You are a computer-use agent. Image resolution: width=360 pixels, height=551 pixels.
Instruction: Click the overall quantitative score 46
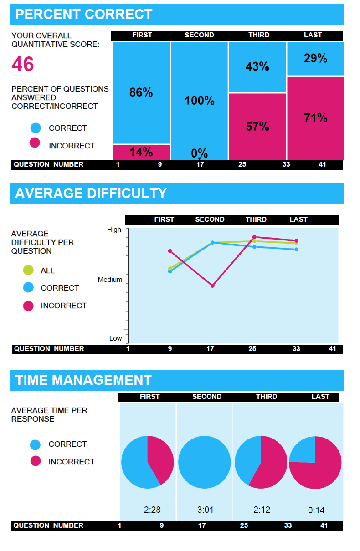[x=23, y=64]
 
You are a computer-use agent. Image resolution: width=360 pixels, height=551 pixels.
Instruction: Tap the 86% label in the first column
[x=141, y=92]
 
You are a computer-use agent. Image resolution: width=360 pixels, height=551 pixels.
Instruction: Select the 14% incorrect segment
[x=141, y=152]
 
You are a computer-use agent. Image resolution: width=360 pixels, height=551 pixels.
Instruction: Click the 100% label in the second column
[x=200, y=101]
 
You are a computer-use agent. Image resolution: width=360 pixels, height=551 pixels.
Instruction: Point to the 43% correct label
[x=257, y=67]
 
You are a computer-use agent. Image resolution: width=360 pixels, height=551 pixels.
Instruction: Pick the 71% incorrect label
[x=316, y=118]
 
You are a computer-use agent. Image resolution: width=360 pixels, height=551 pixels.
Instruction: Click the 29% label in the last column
[x=316, y=58]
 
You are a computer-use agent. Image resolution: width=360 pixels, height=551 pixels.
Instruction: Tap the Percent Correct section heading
[x=84, y=14]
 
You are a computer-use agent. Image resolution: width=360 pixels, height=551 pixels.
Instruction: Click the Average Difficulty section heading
[x=91, y=194]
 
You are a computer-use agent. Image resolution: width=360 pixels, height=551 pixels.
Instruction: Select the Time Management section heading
[x=83, y=380]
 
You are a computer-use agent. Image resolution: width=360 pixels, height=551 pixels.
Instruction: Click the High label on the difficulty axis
[x=114, y=230]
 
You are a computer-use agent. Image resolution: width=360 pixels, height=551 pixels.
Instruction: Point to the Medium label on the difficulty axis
[x=110, y=280]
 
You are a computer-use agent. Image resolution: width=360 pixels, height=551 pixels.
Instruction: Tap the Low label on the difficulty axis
[x=115, y=338]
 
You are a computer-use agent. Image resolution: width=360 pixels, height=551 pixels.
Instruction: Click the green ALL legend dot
[x=28, y=270]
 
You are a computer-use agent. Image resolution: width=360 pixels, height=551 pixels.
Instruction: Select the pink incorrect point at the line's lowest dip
[x=212, y=286]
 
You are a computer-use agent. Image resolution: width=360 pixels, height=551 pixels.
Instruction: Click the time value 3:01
[x=205, y=510]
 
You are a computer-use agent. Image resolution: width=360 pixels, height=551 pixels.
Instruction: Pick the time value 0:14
[x=316, y=510]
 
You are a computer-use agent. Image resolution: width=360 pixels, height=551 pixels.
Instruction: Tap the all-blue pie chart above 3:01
[x=205, y=462]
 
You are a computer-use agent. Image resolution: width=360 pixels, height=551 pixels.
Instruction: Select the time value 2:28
[x=152, y=510]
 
